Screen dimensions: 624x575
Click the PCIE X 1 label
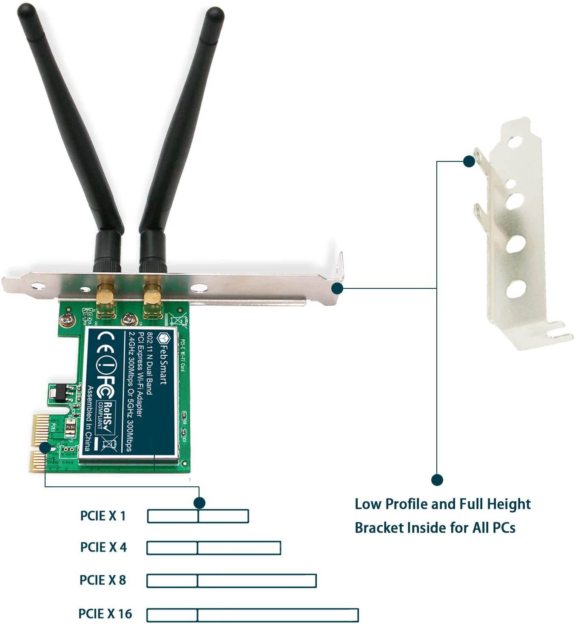(x=103, y=516)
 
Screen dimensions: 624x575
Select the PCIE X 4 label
(x=103, y=547)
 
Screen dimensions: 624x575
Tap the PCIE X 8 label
(x=103, y=580)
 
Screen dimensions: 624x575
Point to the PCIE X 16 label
(x=105, y=614)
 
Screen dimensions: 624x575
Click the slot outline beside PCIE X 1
(x=198, y=516)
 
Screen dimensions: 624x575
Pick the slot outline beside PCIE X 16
(x=252, y=615)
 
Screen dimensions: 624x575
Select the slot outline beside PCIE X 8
(x=231, y=581)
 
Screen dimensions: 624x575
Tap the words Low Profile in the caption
(x=391, y=504)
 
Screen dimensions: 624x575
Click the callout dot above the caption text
(x=437, y=480)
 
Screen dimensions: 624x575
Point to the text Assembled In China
(x=90, y=418)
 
